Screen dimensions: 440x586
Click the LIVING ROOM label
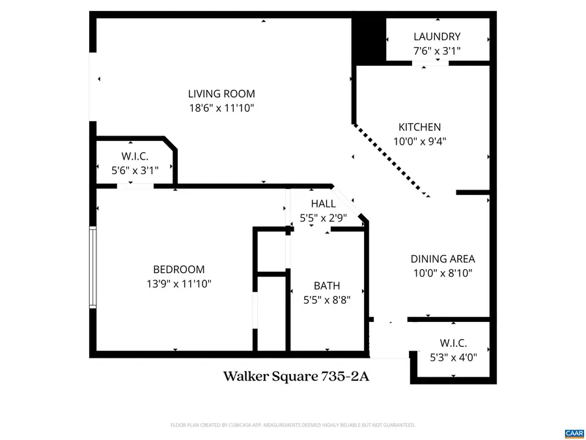221,94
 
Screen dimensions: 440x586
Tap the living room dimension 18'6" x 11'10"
221,108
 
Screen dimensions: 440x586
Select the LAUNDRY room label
436,37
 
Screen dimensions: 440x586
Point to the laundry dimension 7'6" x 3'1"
436,51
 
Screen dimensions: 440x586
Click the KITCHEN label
419,127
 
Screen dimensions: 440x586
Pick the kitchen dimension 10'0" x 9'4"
419,141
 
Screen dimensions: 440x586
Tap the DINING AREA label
442,259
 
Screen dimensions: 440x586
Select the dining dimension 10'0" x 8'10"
442,273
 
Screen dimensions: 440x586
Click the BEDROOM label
178,269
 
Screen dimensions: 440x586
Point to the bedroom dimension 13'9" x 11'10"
178,284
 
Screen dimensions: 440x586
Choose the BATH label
327,286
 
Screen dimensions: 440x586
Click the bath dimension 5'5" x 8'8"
327,300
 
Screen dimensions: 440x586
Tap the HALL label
323,203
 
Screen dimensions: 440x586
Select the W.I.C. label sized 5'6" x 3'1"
135,156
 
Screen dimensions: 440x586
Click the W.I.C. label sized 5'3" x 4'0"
453,343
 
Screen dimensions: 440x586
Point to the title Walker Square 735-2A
296,377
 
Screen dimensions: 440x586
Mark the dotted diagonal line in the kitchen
391,160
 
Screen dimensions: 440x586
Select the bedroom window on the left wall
93,267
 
